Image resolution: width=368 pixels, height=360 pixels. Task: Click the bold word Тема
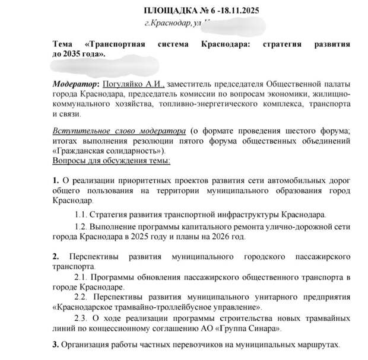(x=64, y=44)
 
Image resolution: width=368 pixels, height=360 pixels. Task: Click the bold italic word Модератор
(x=74, y=84)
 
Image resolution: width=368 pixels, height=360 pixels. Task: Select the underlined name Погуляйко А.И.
(x=132, y=84)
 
